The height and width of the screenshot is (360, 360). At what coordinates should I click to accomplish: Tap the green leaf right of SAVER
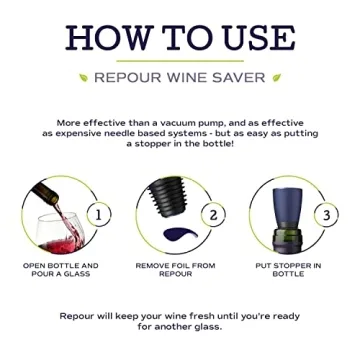[277, 77]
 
